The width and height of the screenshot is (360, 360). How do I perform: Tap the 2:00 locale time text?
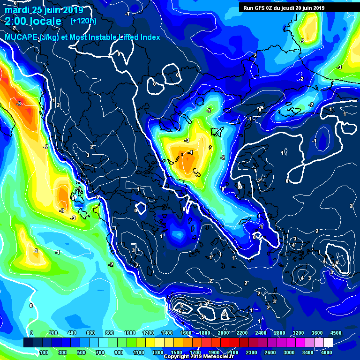point(33,21)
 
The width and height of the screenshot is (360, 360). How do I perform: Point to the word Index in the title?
point(149,37)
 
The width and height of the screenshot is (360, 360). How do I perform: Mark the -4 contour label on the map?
point(190,153)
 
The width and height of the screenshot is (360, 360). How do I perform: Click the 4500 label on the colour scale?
point(336,332)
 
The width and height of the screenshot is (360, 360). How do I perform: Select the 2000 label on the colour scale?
point(223,332)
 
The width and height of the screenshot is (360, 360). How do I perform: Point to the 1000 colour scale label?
point(128,332)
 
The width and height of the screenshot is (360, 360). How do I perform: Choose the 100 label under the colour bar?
point(44,352)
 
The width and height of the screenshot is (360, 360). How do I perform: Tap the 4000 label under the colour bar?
point(327,352)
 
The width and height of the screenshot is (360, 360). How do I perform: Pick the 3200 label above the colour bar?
point(298,332)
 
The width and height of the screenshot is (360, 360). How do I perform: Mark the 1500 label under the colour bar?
point(176,352)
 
